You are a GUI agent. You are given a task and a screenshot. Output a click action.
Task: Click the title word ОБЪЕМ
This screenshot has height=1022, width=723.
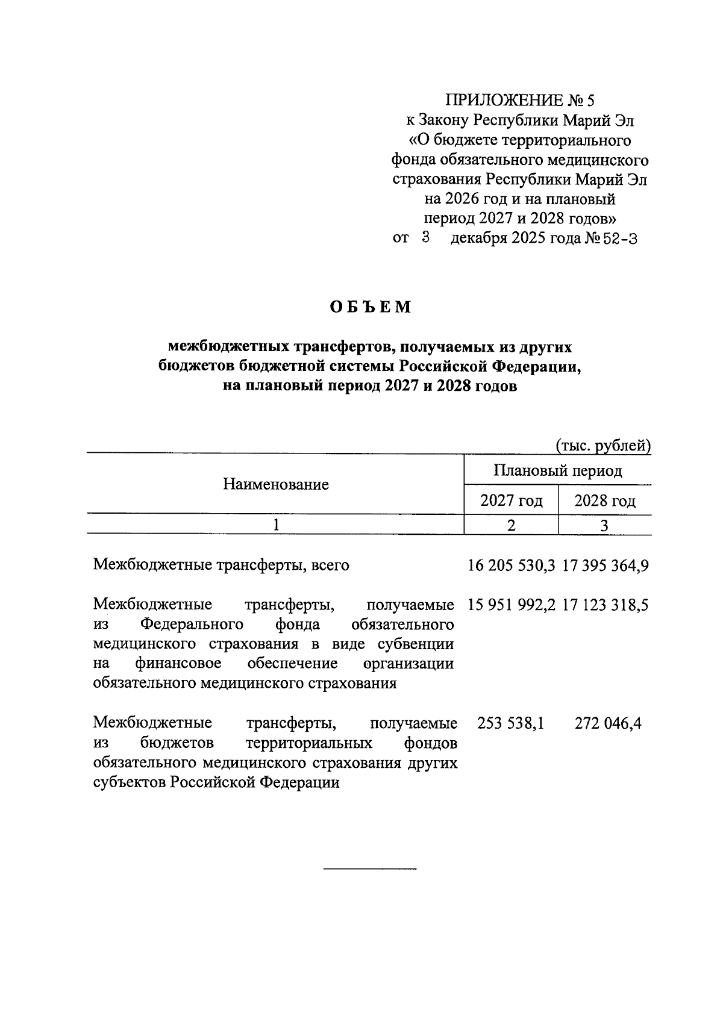(370, 307)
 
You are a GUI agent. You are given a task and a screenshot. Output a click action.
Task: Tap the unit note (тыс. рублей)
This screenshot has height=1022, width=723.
(602, 446)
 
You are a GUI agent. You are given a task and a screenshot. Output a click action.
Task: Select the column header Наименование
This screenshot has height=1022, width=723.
(276, 484)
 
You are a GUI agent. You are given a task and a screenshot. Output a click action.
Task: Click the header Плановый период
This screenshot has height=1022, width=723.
(557, 470)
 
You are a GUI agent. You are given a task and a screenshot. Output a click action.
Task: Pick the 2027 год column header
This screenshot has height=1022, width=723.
(512, 500)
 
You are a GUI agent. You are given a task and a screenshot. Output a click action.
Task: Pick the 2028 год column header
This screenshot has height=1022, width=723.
(605, 500)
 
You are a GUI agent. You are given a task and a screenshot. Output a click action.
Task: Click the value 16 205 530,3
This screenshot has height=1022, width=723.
(511, 566)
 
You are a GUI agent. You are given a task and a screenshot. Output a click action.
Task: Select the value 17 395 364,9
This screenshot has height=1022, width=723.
(606, 566)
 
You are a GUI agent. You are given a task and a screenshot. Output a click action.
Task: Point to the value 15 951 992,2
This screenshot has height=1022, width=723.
(511, 605)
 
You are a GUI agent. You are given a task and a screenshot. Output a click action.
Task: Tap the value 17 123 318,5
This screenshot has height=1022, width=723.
(606, 605)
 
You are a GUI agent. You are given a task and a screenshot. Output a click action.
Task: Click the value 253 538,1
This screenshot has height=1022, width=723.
(511, 723)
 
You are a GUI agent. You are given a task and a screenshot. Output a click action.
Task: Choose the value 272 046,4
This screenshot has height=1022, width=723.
(608, 723)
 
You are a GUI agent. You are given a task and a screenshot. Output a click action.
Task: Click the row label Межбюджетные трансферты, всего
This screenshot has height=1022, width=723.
(222, 566)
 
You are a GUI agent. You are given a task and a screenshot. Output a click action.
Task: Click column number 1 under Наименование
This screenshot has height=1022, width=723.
(276, 525)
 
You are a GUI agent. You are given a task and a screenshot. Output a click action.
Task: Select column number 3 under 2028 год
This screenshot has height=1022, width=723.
(604, 525)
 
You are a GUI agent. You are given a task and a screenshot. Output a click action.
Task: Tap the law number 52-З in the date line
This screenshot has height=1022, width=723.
(620, 238)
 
